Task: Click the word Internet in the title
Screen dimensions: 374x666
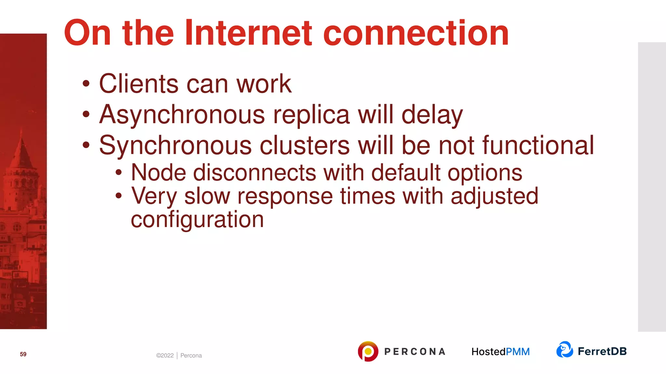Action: coord(249,33)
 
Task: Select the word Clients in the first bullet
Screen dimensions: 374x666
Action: coord(139,84)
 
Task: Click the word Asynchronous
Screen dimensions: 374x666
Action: coord(182,115)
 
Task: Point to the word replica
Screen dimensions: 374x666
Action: coord(311,115)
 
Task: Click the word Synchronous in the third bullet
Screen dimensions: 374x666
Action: coord(175,145)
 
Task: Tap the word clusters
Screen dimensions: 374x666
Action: coord(305,145)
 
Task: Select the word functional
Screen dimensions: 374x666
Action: coord(538,145)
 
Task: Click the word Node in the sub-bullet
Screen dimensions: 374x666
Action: coord(158,172)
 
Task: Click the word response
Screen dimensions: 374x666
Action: coord(285,197)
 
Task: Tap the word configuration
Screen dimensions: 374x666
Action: coord(197,220)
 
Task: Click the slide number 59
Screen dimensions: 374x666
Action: coord(23,354)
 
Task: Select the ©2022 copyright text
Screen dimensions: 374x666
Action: coord(165,355)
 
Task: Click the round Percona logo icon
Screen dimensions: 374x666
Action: coord(368,351)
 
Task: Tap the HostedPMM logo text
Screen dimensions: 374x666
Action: coord(500,352)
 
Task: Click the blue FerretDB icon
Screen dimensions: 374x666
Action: coord(565,350)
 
